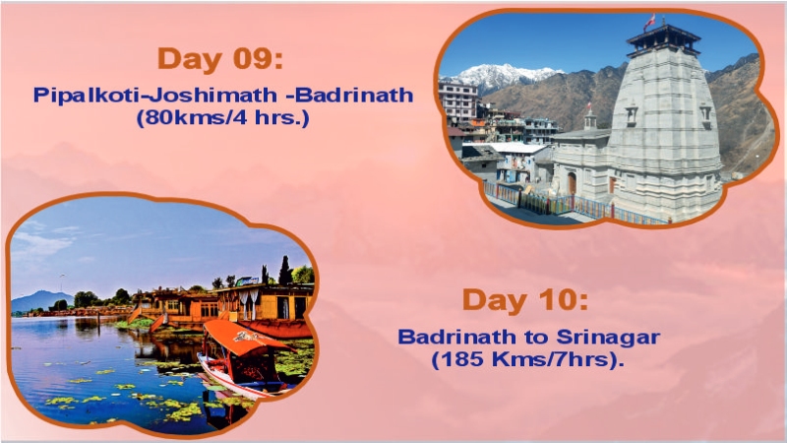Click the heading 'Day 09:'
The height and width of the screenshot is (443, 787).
click(x=219, y=58)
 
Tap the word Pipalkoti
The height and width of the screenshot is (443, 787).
click(x=76, y=95)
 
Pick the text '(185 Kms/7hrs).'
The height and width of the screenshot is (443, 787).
click(x=528, y=358)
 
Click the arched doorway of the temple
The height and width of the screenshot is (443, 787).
click(x=572, y=183)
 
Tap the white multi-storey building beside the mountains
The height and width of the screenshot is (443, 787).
click(x=458, y=102)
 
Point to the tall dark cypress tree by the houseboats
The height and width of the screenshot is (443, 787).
click(x=285, y=270)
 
